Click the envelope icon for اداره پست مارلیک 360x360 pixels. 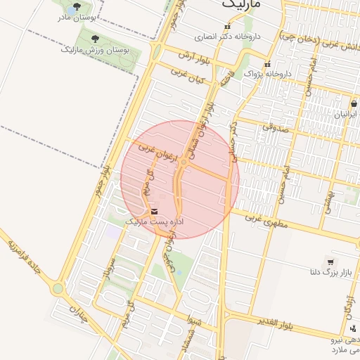coord(154,211)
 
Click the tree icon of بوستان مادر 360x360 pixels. coord(77,8)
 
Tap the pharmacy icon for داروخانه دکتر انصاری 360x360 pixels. coord(226,27)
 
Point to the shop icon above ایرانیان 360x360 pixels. coord(353,103)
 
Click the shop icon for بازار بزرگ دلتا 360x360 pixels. coord(330,262)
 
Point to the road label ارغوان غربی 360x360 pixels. coord(146,148)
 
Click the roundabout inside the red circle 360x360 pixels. coord(184,163)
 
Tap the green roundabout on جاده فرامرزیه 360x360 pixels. coord(57,288)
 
